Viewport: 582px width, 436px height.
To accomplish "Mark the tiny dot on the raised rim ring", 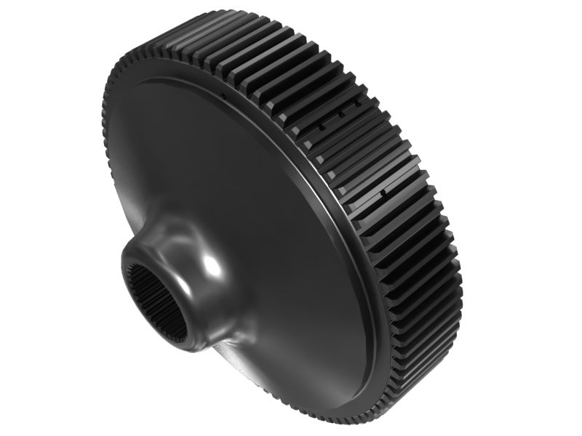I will click(228, 94).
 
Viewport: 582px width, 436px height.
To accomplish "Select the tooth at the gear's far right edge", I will click(457, 276).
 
